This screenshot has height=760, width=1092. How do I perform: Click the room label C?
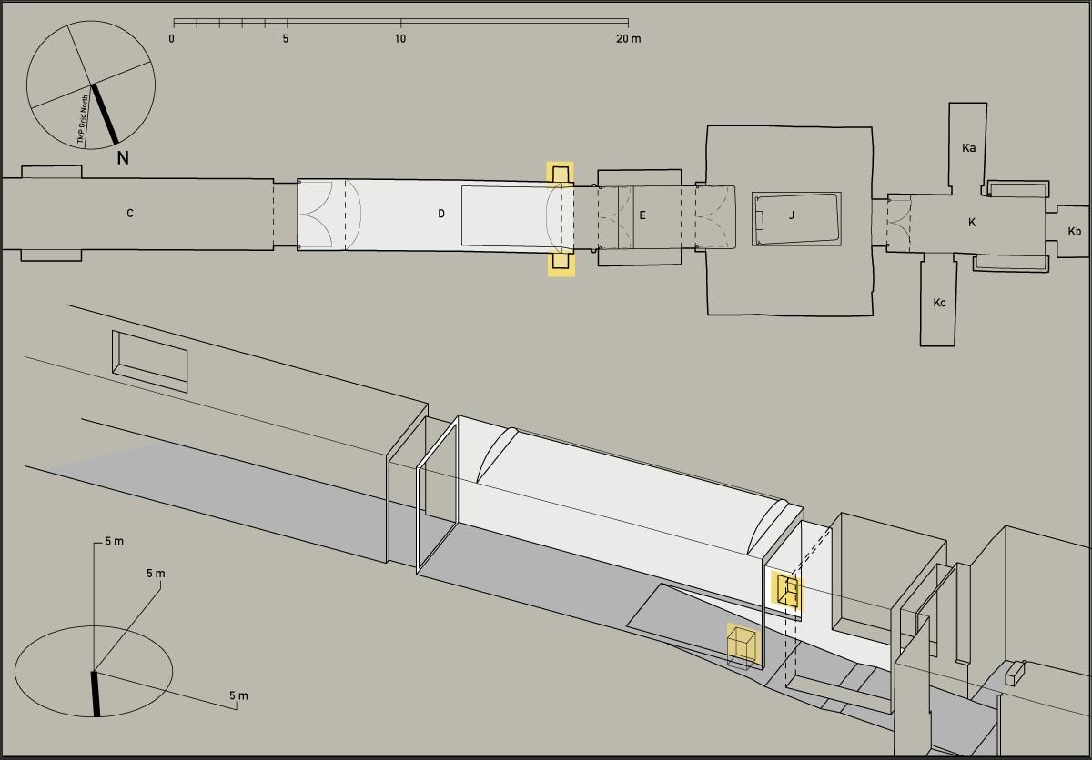(129, 214)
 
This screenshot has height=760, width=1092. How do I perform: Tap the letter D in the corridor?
(441, 214)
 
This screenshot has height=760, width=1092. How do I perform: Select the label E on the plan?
(642, 215)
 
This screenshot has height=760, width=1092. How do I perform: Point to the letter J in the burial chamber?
(792, 215)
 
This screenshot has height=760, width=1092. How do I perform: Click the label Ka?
(968, 147)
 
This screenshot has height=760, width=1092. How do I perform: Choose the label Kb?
(1075, 231)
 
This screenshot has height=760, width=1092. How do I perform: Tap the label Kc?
(939, 303)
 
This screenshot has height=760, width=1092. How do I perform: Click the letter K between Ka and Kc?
(972, 223)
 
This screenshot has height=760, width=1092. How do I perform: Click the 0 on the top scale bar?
(172, 38)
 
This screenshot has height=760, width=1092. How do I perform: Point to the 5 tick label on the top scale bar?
(286, 38)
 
